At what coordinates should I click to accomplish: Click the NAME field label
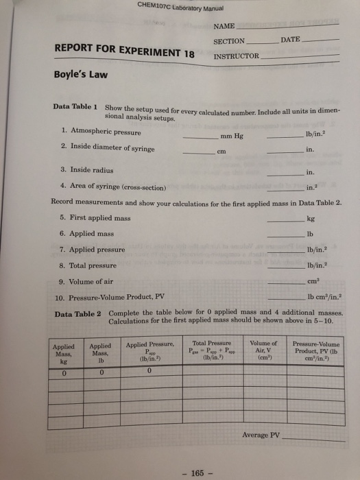point(224,26)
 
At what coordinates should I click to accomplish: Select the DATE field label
point(290,40)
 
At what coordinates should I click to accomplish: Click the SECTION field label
point(230,41)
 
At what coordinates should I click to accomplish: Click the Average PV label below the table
point(261,435)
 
